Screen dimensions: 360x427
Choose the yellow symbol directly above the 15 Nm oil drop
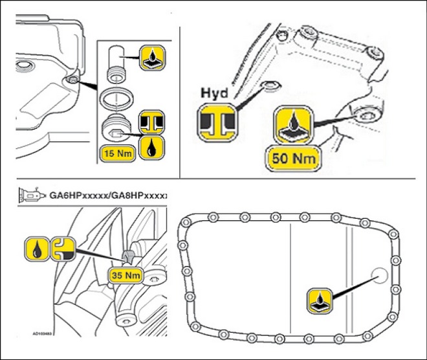click(153, 122)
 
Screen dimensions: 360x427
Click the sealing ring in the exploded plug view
click(117, 98)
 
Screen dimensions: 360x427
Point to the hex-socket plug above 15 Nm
click(117, 128)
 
